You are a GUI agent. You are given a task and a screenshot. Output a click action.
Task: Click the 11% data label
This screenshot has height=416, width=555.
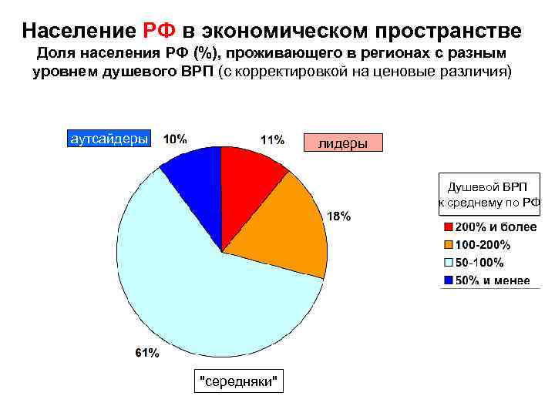point(272,140)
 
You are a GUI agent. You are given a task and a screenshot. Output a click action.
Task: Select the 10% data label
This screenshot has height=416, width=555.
point(174,139)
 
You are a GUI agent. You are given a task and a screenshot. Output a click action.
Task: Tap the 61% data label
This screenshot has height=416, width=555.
point(148,353)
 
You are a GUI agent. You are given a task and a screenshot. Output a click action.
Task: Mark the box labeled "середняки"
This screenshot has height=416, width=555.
point(238,381)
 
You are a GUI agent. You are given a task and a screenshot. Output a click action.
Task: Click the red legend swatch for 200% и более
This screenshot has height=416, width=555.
point(448,229)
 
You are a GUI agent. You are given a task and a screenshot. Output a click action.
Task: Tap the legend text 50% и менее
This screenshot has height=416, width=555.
point(492,280)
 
